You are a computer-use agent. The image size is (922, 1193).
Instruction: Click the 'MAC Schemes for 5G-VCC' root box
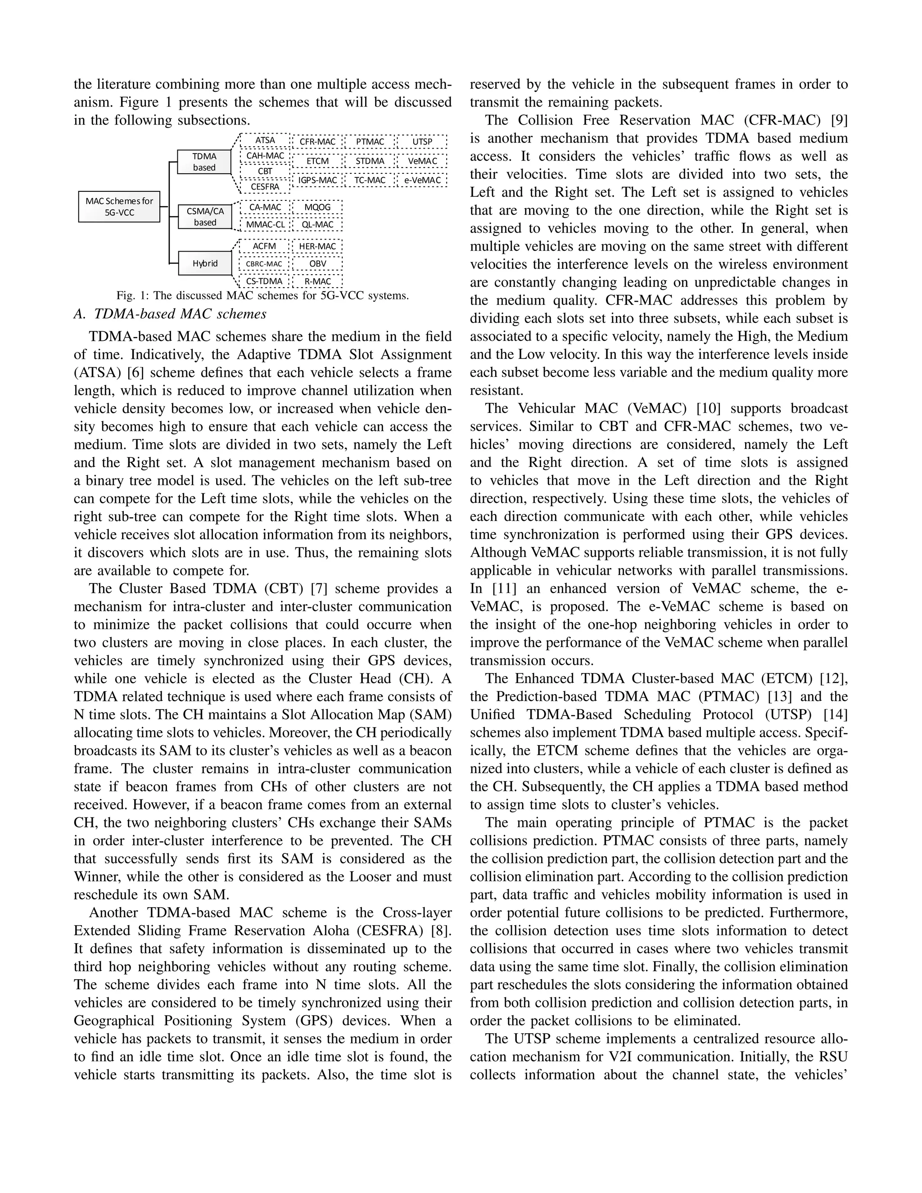pos(119,207)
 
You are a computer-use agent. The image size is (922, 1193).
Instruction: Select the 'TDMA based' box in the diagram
pos(204,162)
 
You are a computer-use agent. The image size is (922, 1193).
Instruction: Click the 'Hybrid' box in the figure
pos(205,263)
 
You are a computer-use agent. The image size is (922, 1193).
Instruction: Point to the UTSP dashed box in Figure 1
pos(422,141)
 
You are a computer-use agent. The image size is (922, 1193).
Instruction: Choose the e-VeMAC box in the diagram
pos(422,180)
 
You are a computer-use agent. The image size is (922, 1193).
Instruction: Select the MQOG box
pos(317,207)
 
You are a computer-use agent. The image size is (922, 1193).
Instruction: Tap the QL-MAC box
pos(317,225)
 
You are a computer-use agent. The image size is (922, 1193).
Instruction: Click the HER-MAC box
pos(317,246)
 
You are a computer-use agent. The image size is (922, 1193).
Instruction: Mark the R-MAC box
pos(317,281)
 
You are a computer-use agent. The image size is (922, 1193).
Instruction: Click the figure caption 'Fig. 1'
pos(262,296)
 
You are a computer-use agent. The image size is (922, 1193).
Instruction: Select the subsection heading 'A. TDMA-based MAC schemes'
pos(170,314)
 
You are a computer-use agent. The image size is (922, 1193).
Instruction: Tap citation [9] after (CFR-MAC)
pos(838,120)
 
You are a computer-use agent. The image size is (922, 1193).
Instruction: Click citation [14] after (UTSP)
pos(835,714)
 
